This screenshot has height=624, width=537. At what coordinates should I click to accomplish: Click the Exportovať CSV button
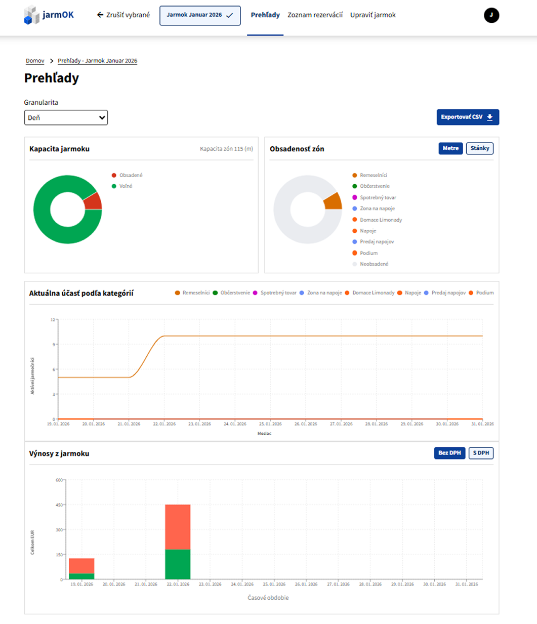coord(468,117)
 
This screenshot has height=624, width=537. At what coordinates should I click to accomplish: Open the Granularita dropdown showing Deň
coord(66,117)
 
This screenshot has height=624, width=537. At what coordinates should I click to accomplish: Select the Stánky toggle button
coord(479,148)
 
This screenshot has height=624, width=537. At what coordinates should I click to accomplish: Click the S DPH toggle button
coord(481,453)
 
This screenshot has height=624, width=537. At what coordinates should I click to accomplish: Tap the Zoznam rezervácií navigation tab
coord(315,15)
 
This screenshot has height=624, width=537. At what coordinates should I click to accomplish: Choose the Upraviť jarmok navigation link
coord(373,15)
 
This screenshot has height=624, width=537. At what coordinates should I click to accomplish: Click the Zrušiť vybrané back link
coord(123,15)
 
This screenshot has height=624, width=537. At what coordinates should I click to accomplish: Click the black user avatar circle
coord(491,15)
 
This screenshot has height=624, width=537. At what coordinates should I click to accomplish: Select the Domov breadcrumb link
coord(35,61)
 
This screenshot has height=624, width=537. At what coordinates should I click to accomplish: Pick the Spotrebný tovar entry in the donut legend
coord(374,197)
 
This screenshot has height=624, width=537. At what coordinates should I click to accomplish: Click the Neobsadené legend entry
coord(370,264)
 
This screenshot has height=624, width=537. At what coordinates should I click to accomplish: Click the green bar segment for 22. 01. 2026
coord(178,564)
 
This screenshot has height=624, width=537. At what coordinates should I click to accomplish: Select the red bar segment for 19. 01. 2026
coord(81,566)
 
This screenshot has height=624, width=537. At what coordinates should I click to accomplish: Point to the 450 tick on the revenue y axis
coord(59,505)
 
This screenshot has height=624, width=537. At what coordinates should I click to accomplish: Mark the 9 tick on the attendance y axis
coord(54,345)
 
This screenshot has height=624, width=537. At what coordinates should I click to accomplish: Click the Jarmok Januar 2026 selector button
coord(200,15)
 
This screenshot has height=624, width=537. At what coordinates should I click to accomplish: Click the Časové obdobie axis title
coord(268,598)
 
